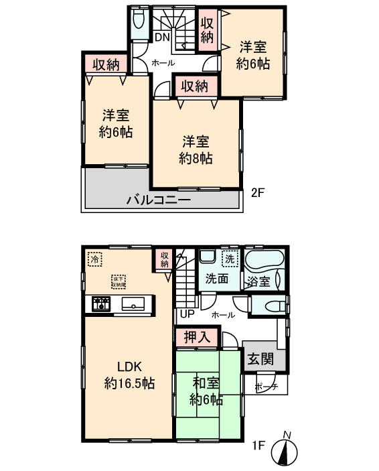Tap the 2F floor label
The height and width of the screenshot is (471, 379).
[259, 193]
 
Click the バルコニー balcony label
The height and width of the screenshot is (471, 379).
[160, 200]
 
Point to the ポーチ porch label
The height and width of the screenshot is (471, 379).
[268, 387]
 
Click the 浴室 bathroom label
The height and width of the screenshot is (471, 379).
[259, 282]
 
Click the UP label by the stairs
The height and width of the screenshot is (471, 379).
[185, 314]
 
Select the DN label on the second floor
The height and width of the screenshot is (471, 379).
[162, 38]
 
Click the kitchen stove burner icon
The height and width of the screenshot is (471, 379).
[101, 304]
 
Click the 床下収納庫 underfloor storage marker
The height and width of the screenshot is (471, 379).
[119, 280]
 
